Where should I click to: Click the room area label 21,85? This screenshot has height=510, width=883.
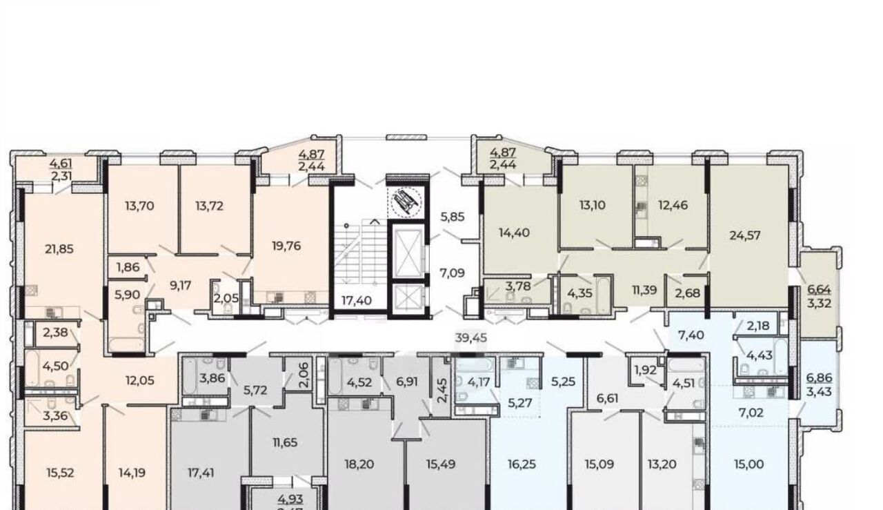pyautogui.click(x=59, y=249)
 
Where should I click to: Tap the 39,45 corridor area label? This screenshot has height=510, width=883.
pyautogui.click(x=471, y=338)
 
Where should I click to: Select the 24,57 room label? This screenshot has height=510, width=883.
pyautogui.click(x=744, y=235)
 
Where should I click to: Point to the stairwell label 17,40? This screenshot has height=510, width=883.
pyautogui.click(x=357, y=301)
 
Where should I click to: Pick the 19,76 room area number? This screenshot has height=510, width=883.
pyautogui.click(x=286, y=246)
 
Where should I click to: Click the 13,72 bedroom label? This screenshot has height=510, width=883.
pyautogui.click(x=209, y=206)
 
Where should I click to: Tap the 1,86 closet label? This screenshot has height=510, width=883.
pyautogui.click(x=128, y=268)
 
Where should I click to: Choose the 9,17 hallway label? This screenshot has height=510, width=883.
pyautogui.click(x=180, y=286)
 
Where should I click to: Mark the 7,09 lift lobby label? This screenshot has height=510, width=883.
pyautogui.click(x=452, y=273)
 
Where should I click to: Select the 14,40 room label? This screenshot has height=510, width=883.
pyautogui.click(x=514, y=233)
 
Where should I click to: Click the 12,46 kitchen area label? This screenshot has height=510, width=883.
pyautogui.click(x=673, y=205)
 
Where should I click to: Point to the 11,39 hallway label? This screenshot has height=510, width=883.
pyautogui.click(x=644, y=291)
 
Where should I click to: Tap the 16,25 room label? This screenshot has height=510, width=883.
pyautogui.click(x=522, y=464)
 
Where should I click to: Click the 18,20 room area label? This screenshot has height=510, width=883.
pyautogui.click(x=359, y=464)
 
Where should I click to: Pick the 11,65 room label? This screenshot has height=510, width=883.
pyautogui.click(x=285, y=442)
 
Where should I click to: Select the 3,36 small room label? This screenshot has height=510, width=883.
pyautogui.click(x=55, y=416)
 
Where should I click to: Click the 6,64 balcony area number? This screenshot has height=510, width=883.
pyautogui.click(x=819, y=290)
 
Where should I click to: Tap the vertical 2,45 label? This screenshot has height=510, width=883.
pyautogui.click(x=442, y=391)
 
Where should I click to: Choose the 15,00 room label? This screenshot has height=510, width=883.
pyautogui.click(x=749, y=464)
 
